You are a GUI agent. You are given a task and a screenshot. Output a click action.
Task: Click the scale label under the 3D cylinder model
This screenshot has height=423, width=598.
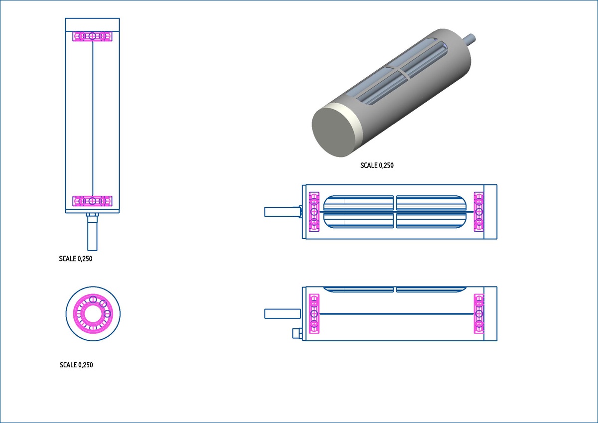tap(377, 165)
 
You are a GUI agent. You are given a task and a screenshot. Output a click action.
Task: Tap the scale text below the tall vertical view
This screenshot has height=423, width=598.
tap(76, 259)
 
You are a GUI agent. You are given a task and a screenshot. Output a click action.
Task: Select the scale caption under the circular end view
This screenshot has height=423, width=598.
tap(76, 365)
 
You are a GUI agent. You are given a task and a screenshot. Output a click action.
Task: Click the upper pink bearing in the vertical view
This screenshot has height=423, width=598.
tap(92, 36)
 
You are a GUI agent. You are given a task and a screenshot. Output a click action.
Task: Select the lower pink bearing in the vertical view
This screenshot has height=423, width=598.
tap(92, 201)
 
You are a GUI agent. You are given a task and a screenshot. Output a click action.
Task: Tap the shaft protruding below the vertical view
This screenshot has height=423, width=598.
tap(92, 232)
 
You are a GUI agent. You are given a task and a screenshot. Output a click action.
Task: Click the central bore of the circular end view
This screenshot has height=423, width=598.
tap(93, 314)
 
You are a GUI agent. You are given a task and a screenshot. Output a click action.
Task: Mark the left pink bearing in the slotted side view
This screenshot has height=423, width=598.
tap(314, 212)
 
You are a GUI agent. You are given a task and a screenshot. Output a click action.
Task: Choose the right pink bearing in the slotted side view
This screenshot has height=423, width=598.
tap(479, 212)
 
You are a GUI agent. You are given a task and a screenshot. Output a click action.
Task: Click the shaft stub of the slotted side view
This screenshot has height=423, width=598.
tap(283, 212)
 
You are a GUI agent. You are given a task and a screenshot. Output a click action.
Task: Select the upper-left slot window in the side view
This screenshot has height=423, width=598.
tap(358, 203)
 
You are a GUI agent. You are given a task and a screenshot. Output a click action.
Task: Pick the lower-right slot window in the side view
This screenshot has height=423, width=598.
tap(431, 221)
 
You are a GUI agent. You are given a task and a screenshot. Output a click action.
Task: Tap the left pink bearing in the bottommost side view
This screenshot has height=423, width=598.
tap(314, 313)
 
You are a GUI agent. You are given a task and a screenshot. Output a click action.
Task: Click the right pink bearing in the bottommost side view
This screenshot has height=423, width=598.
tap(479, 313)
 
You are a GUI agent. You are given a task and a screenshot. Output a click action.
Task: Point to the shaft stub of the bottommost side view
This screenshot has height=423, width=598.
tap(283, 313)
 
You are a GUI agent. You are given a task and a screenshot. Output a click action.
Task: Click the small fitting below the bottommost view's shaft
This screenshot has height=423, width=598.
tap(297, 333)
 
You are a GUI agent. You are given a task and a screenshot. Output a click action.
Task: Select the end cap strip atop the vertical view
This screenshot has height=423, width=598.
tap(92, 25)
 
